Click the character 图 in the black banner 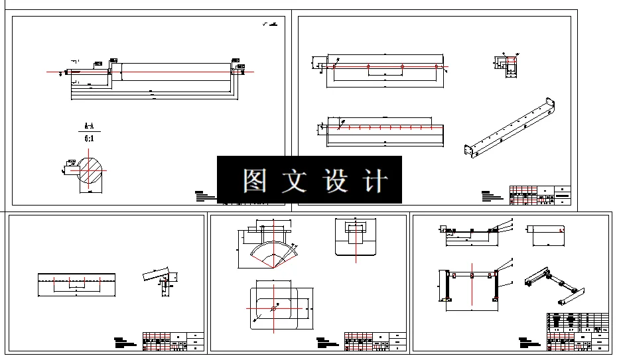tap(254, 180)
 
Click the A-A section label tap(88, 125)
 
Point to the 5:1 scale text tap(88, 139)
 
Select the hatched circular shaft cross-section tap(92, 169)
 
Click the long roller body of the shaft tap(176, 72)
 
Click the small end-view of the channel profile tap(508, 67)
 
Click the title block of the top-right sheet tap(539, 196)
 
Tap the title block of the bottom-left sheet tap(173, 340)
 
